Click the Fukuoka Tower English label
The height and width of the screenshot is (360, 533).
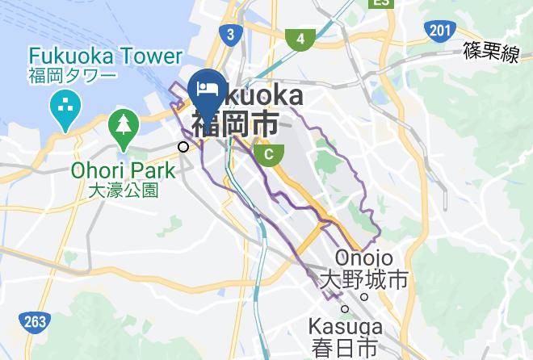[x=105, y=56]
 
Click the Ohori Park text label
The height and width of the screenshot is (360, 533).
[x=123, y=170]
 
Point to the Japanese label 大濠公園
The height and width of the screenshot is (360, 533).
[x=123, y=190]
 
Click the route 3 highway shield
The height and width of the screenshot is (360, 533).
[x=230, y=34]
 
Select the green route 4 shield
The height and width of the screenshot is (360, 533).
[x=300, y=38]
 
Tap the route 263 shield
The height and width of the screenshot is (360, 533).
[x=35, y=322]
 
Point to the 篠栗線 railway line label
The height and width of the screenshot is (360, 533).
[x=491, y=53]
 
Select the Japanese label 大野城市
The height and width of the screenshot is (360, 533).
[x=364, y=281]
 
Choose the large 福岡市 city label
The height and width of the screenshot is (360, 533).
[x=235, y=123]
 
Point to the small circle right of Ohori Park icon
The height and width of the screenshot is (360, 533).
[x=184, y=146]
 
